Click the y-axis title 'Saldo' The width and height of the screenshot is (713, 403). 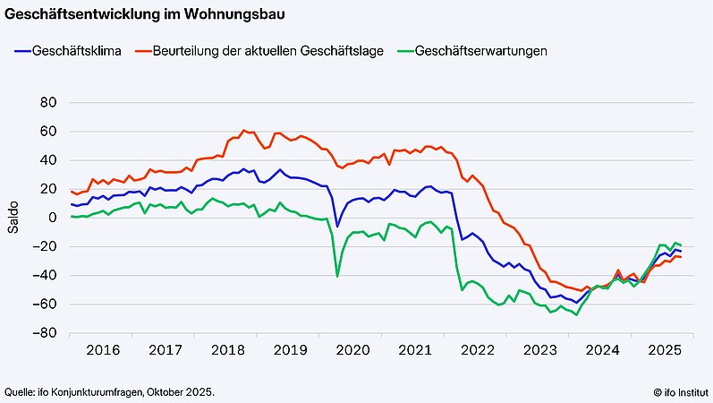[x=13, y=218]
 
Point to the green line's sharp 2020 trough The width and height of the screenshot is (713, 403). [x=337, y=276]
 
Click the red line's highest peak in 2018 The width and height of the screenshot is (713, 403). [x=243, y=130]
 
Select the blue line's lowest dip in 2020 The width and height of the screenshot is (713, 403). [x=337, y=226]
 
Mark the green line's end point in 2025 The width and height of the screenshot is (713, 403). [x=682, y=245]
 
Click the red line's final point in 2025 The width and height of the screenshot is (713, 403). [x=682, y=257]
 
